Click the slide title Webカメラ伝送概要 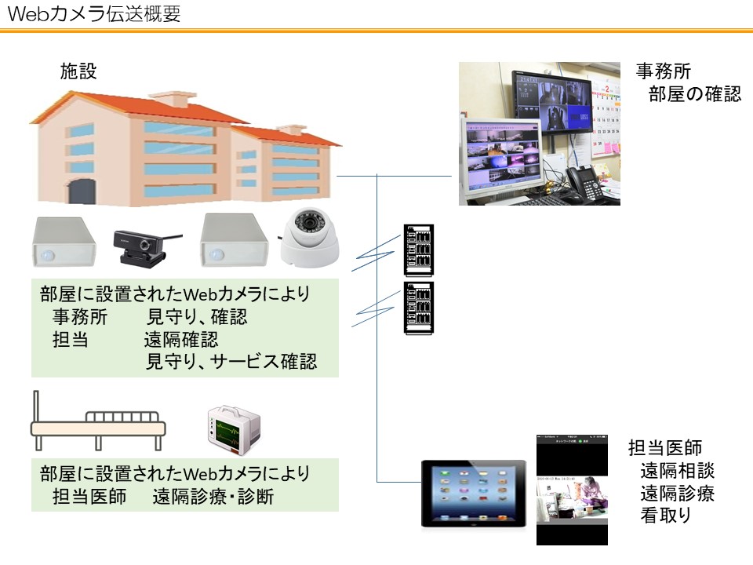pos(93,14)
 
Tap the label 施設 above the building pos(78,71)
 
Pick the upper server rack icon pos(418,250)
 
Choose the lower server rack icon pos(418,308)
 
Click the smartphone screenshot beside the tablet pos(572,490)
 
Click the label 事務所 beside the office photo pos(663,71)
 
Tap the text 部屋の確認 pos(694,95)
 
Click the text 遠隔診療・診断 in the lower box pos(213,497)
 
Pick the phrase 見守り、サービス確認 pos(231,363)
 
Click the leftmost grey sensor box pos(64,242)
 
